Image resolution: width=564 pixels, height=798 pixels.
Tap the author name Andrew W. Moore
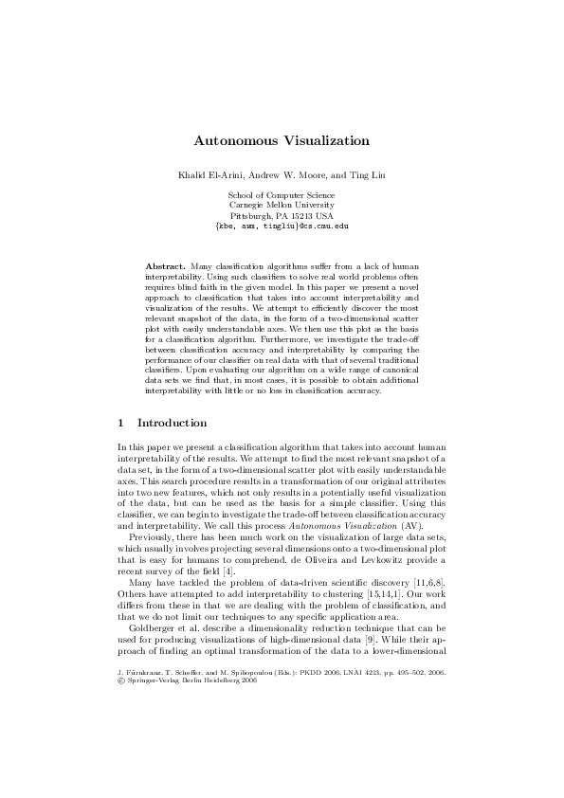click(x=284, y=176)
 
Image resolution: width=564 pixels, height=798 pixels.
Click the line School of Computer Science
click(x=282, y=194)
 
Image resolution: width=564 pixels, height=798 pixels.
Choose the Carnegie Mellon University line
click(x=282, y=205)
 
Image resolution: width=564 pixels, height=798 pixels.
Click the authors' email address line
click(x=282, y=227)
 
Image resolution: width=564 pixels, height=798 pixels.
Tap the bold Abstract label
click(x=165, y=268)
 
